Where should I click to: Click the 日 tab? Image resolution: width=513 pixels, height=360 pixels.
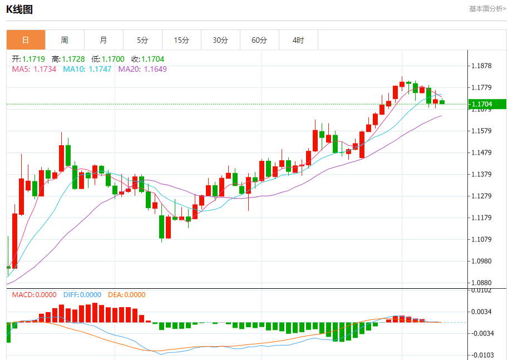click(x=26, y=40)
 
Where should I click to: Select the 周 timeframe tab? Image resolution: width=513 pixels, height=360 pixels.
click(x=65, y=40)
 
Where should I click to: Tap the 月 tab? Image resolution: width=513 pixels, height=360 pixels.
click(x=103, y=40)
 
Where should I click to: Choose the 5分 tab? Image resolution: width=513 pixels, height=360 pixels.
click(x=142, y=40)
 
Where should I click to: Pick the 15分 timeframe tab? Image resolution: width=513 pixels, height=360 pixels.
click(x=181, y=40)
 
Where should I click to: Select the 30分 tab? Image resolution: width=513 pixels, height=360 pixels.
click(x=220, y=40)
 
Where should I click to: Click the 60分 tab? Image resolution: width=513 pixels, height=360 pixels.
click(x=259, y=40)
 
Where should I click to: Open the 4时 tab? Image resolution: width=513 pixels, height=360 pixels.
click(x=298, y=40)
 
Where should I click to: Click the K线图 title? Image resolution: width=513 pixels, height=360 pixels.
click(x=19, y=9)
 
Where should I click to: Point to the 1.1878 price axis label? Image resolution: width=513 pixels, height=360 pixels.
click(x=481, y=66)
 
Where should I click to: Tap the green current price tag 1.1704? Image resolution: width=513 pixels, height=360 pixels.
click(x=486, y=104)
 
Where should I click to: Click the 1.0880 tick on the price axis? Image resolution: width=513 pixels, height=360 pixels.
click(x=481, y=283)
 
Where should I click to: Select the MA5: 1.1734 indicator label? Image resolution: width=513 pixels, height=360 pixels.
click(x=34, y=69)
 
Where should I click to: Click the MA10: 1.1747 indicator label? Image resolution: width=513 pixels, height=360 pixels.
click(x=87, y=69)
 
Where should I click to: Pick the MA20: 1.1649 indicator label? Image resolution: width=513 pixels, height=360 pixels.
click(x=142, y=69)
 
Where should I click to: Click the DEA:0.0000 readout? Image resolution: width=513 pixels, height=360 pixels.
click(x=126, y=295)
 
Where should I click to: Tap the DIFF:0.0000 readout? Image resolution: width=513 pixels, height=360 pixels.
click(x=82, y=295)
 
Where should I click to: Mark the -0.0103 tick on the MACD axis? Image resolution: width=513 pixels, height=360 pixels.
click(x=482, y=355)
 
